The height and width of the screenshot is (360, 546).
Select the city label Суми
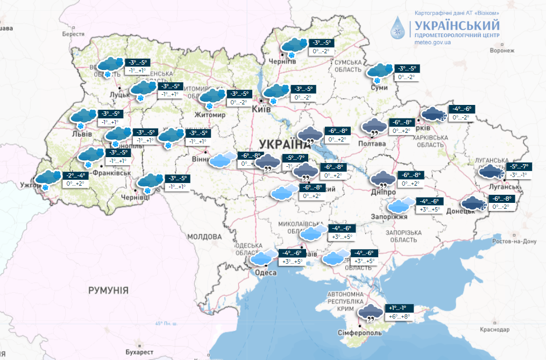point(380,88)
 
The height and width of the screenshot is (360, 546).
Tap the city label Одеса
point(264,273)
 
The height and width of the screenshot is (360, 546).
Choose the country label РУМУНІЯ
point(108,290)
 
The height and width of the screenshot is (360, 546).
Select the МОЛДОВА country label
point(204,237)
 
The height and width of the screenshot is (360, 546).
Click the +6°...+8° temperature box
point(399,317)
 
